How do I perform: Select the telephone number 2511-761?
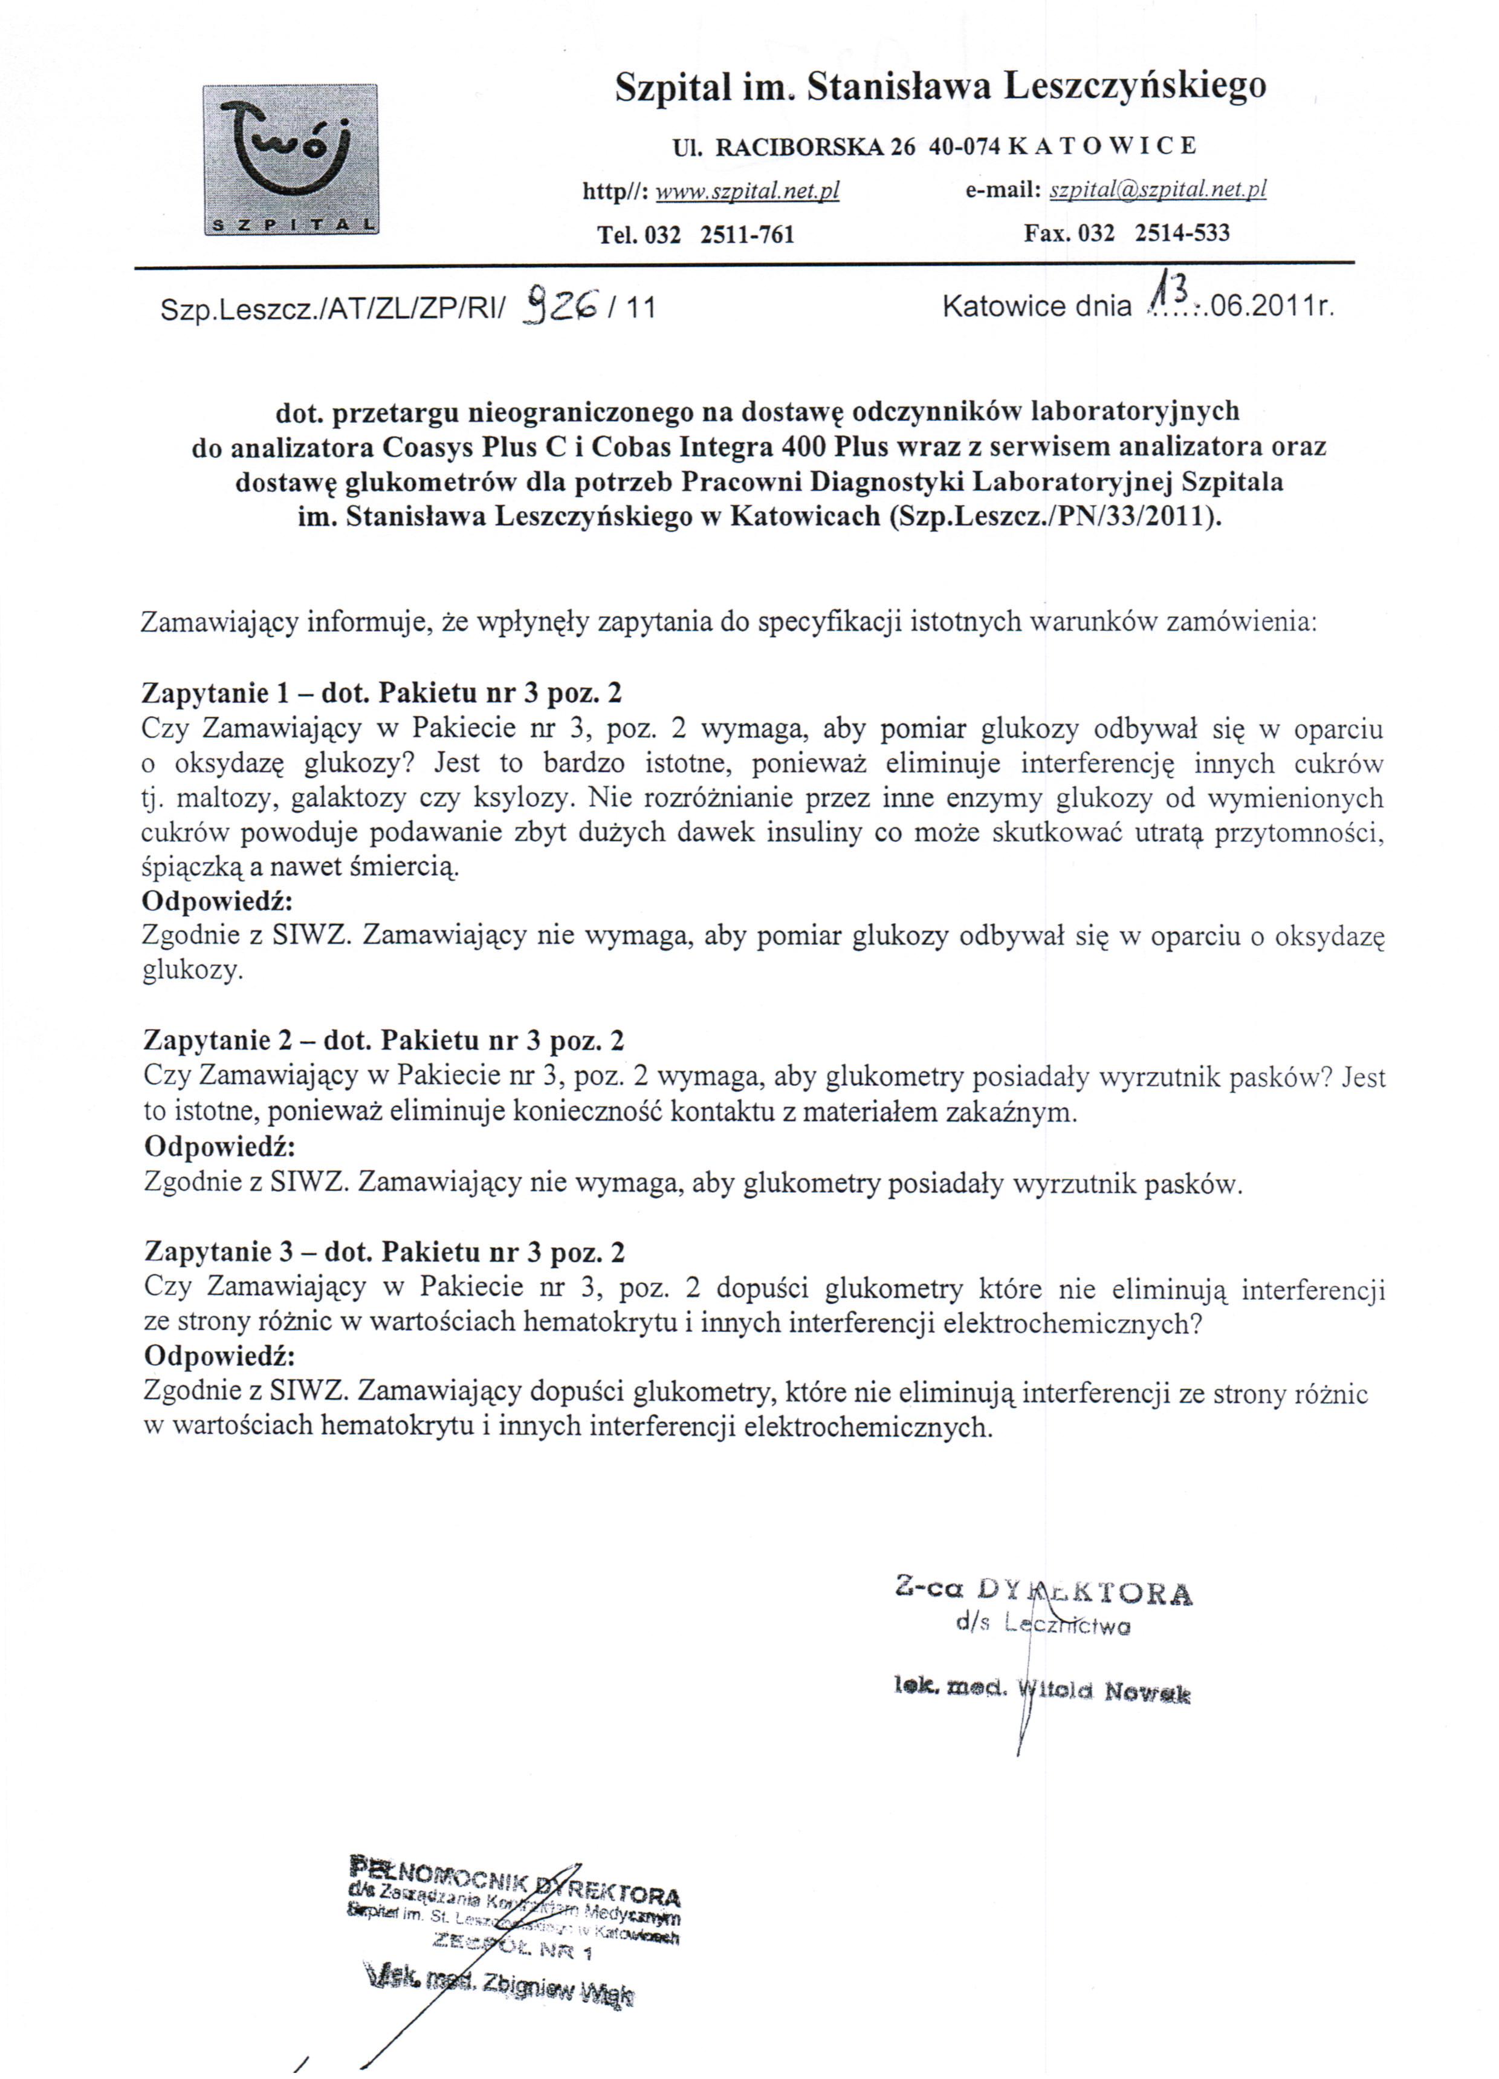(x=746, y=235)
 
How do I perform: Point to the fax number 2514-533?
(x=1182, y=233)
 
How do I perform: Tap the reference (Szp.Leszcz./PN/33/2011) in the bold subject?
(x=1055, y=517)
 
